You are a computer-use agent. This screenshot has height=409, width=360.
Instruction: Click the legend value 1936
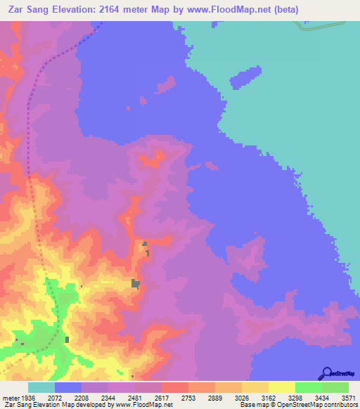coord(28,397)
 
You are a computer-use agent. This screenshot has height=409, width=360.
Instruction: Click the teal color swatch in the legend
coord(41,387)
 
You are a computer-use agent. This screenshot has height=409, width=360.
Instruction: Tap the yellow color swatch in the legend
coord(281,387)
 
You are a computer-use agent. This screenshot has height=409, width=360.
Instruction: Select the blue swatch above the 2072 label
coord(68,387)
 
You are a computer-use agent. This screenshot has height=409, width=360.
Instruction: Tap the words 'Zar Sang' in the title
coord(27,10)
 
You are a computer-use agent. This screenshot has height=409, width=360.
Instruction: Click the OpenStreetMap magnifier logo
coord(327,373)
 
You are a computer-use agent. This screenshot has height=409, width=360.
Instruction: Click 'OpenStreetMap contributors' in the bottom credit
coord(317,405)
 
